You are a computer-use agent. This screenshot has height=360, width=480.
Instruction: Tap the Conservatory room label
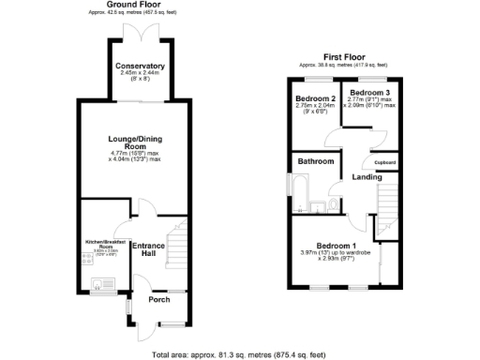click(x=140, y=67)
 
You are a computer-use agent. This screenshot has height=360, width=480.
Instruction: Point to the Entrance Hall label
click(x=148, y=249)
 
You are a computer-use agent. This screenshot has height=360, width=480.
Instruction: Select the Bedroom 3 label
click(x=370, y=93)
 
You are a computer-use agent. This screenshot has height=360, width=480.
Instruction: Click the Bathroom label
click(x=317, y=161)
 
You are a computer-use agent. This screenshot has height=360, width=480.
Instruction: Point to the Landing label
click(x=367, y=177)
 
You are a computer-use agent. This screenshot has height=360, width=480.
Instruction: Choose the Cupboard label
click(x=385, y=162)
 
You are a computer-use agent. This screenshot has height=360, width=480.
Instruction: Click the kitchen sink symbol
click(x=97, y=281)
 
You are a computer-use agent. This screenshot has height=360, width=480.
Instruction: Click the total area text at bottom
click(x=241, y=354)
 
